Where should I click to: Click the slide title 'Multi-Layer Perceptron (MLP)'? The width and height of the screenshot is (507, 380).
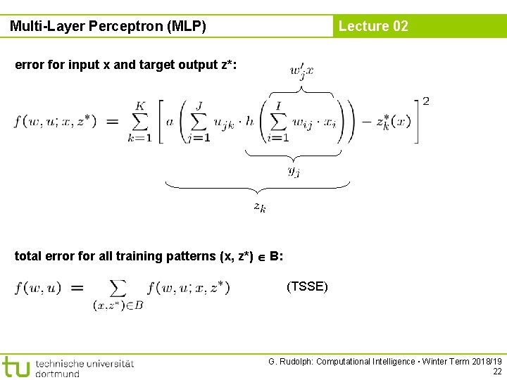click(108, 27)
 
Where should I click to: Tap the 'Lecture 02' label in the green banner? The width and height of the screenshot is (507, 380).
click(373, 26)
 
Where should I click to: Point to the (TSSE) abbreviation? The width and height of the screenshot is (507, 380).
click(307, 286)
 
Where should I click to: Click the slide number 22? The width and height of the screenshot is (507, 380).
click(496, 371)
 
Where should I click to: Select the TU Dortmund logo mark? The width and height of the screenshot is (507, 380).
click(15, 367)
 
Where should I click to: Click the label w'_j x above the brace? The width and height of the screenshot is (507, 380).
click(301, 70)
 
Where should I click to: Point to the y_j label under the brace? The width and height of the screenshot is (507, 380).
click(294, 170)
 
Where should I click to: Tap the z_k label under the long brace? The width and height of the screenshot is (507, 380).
click(260, 207)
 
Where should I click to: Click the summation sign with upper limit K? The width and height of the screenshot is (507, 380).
click(140, 121)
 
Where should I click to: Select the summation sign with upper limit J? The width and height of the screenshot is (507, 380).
click(199, 121)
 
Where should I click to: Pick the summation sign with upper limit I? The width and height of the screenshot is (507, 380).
click(278, 121)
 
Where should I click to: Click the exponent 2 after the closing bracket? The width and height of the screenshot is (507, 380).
click(425, 101)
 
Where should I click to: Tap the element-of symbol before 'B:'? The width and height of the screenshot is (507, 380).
click(261, 257)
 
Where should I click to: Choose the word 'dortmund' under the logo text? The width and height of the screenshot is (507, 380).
click(57, 374)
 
